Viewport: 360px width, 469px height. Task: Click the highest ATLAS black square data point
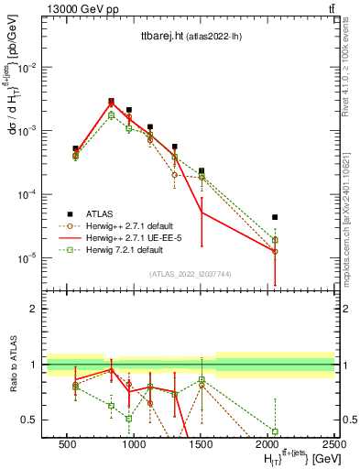point(111,101)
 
